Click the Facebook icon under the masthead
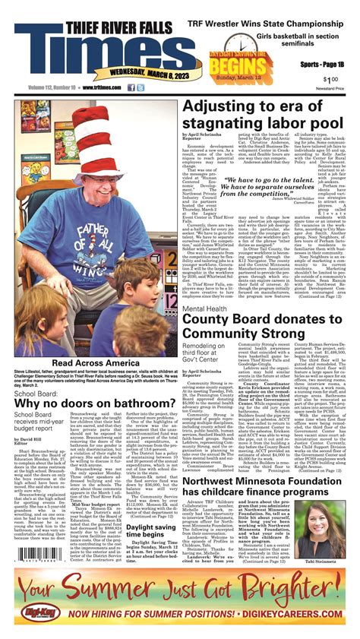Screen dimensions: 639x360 131,87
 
